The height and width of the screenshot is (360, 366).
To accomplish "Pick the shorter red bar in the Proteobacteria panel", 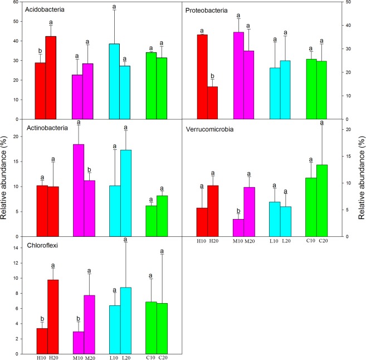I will tap(212, 103).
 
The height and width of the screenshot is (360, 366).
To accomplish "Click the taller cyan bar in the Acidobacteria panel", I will tap(114, 81).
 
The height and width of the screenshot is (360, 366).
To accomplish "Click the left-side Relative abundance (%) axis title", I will tap(6, 179).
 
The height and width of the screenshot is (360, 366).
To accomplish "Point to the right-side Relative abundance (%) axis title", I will tap(361, 179).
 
